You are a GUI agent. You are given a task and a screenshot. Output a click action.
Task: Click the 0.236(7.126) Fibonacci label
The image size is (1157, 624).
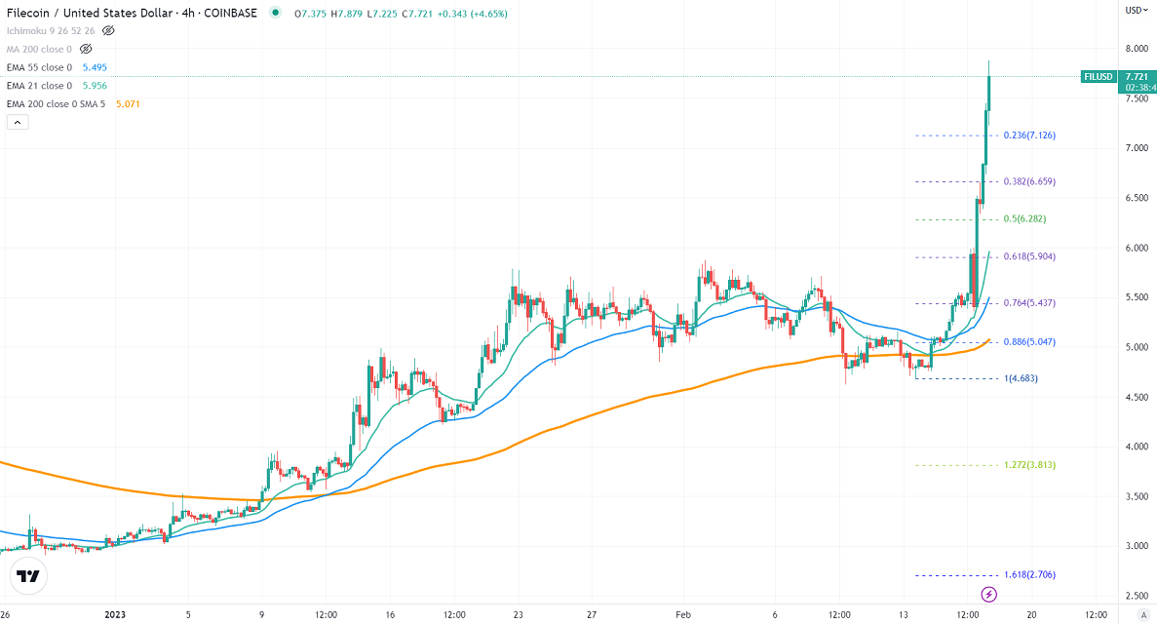[1029, 136]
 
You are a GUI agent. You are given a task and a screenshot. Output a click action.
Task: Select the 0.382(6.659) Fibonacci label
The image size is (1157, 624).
[1029, 181]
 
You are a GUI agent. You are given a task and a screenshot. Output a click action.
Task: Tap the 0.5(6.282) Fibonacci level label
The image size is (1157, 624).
[1024, 219]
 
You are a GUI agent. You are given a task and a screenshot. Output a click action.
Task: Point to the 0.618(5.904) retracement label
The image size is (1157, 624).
[1029, 256]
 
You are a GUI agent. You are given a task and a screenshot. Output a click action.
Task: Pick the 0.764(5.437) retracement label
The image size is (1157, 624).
[1029, 303]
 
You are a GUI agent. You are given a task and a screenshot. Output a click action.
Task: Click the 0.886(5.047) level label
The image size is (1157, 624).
[1029, 342]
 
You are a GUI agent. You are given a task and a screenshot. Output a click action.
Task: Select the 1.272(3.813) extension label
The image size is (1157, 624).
[1029, 465]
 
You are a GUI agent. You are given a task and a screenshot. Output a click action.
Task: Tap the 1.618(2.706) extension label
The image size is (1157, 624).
[1029, 575]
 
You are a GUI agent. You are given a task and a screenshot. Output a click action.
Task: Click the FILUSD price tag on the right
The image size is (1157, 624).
[1099, 76]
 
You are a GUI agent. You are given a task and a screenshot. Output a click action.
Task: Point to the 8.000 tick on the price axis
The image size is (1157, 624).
[1135, 49]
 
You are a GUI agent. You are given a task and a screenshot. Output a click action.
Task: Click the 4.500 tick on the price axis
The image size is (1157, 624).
[1135, 397]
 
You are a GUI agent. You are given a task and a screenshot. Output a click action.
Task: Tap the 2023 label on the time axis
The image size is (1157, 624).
[115, 615]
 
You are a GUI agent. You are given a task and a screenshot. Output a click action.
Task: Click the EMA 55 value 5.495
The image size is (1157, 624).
[94, 67]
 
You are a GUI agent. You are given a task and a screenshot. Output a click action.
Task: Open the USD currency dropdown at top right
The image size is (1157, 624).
[1137, 10]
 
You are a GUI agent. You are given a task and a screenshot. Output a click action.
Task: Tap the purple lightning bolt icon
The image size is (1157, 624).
[989, 594]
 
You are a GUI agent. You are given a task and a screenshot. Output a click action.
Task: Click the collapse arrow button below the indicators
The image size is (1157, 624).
[17, 123]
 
